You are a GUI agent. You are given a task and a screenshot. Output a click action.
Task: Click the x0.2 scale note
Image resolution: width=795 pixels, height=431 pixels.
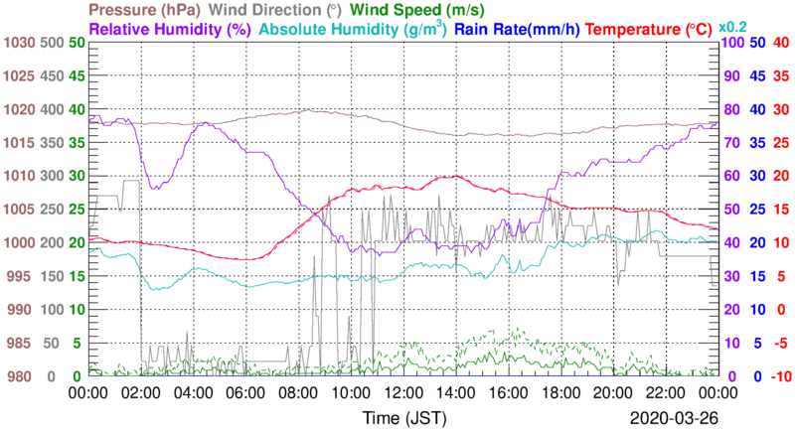click(733, 27)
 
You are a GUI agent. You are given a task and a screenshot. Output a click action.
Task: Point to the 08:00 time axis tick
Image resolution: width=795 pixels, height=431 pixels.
click(297, 392)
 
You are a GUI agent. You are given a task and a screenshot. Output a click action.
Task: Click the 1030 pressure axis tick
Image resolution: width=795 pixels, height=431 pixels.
click(19, 44)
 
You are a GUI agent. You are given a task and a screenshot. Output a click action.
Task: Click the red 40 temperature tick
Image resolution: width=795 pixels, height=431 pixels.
click(780, 44)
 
